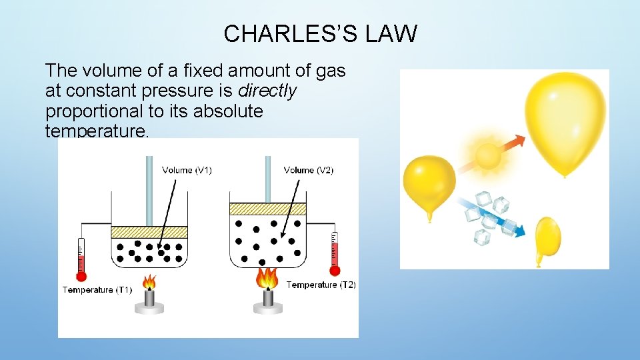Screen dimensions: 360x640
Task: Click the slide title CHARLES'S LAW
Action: [320, 33]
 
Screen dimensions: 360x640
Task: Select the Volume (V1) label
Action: [187, 171]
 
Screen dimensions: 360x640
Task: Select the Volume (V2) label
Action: [309, 171]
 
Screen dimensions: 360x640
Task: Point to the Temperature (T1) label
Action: [97, 290]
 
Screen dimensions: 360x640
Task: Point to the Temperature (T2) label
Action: [321, 285]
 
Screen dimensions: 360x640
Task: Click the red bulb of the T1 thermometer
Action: [81, 275]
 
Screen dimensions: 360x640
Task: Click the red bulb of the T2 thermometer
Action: [335, 270]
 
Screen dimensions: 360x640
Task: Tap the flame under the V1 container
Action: [149, 283]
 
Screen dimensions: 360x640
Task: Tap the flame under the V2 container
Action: [267, 278]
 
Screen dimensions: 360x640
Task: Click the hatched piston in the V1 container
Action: [149, 231]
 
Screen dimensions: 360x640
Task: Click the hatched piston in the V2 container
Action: [267, 209]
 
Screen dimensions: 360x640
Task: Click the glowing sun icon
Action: [487, 156]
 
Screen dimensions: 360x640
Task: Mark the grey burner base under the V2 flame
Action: [267, 307]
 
